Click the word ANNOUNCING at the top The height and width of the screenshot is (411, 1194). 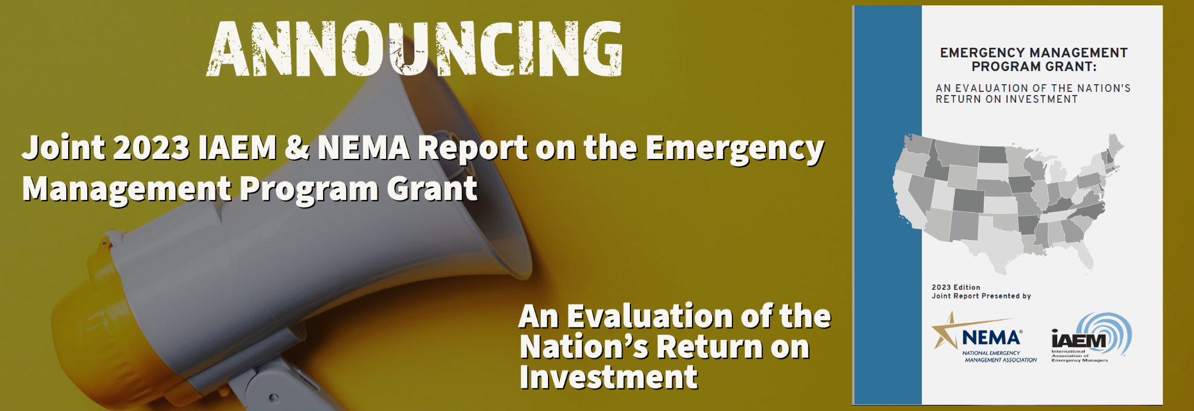tap(415, 49)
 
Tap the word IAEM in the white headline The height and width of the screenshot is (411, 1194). tap(238, 148)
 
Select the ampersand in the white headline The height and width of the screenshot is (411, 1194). tap(297, 148)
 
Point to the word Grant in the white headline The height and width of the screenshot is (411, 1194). tap(432, 189)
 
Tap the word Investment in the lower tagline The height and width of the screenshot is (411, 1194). tap(608, 378)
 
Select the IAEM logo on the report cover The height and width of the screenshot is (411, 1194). tap(1091, 338)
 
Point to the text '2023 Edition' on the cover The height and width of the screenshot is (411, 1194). tap(956, 287)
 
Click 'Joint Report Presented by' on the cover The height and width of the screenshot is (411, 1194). tap(981, 296)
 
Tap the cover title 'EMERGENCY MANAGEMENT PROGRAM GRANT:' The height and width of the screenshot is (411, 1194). tap(1034, 60)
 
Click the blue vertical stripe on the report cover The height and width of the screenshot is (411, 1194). tap(888, 205)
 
